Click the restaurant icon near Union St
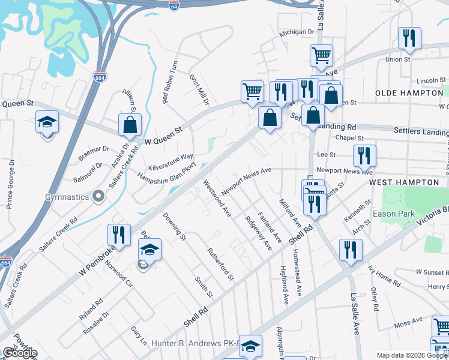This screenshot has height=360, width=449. [409, 38]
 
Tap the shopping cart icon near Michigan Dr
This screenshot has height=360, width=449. [321, 56]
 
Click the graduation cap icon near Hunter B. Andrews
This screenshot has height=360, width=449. [251, 345]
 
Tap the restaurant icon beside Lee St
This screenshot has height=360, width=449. [364, 156]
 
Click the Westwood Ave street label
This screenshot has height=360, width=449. [217, 198]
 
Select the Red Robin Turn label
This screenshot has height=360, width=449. [170, 82]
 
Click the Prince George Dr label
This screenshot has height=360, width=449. [10, 188]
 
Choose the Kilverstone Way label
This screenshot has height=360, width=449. [171, 160]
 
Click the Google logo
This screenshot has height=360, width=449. [20, 353]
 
